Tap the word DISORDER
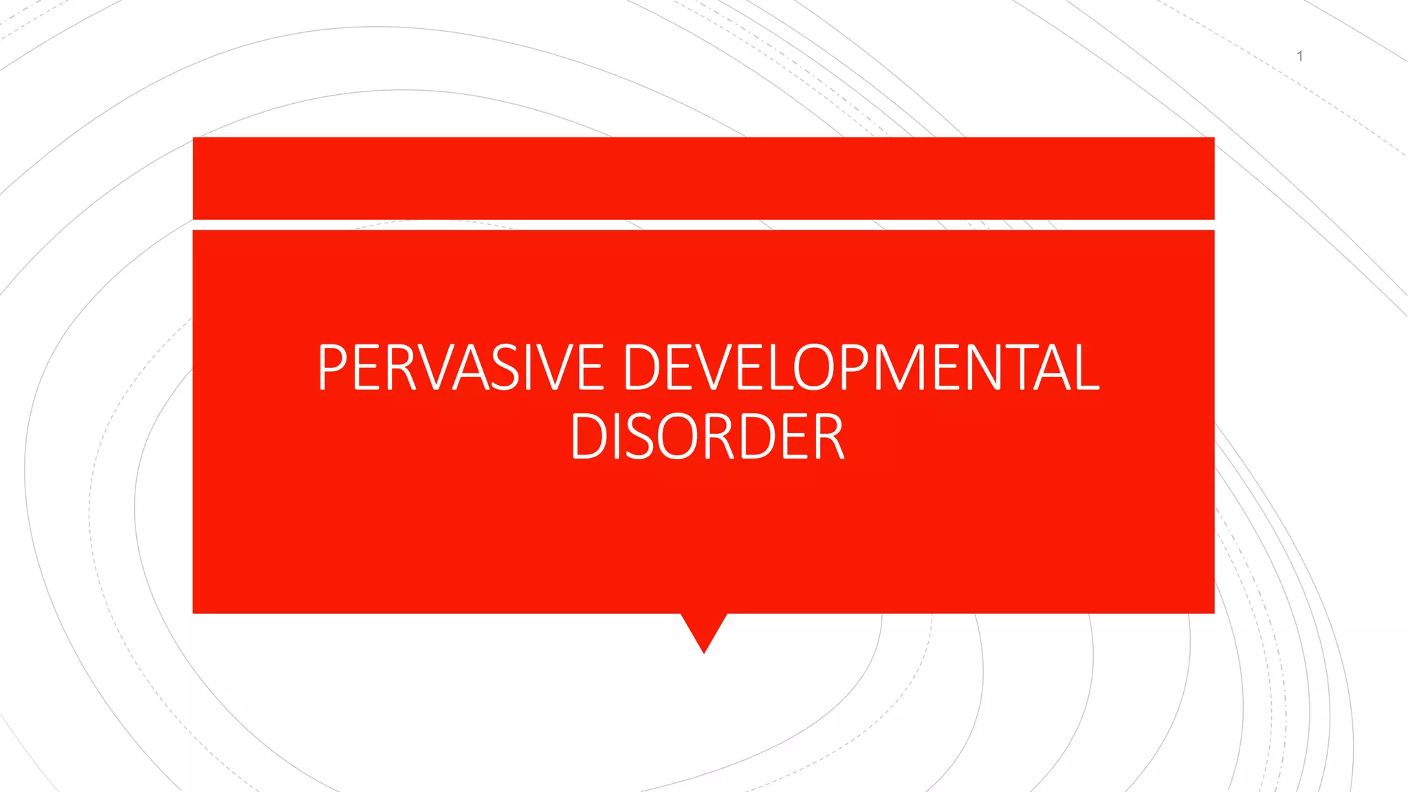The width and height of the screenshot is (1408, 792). tap(707, 437)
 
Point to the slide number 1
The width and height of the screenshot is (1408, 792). tap(1299, 56)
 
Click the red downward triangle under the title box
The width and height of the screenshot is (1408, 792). tap(704, 629)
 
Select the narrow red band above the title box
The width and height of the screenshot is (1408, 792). tap(703, 178)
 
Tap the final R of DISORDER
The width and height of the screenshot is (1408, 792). tap(828, 437)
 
